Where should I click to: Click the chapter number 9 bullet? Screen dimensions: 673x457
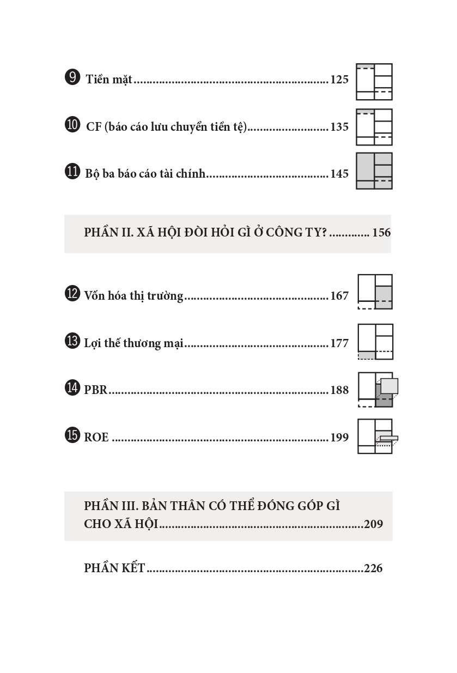[x=72, y=77]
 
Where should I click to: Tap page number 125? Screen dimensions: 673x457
[x=339, y=80]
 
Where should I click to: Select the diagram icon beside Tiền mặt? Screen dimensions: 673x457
[x=374, y=82]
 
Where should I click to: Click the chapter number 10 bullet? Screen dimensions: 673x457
[x=72, y=125]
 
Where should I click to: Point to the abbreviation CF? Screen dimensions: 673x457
[x=94, y=127]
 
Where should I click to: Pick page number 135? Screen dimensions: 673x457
[x=339, y=127]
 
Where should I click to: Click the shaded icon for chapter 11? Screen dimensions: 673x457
[x=374, y=171]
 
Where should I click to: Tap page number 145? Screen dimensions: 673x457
[x=339, y=174]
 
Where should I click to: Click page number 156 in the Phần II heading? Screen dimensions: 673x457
[x=381, y=233]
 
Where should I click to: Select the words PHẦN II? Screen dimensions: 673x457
[x=106, y=233]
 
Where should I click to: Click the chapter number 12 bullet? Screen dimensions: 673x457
[x=72, y=294]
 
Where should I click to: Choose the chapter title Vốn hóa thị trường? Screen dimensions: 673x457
[x=133, y=296]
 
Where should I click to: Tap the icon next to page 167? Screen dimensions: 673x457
[x=375, y=292]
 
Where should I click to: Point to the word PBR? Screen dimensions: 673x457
[x=96, y=390]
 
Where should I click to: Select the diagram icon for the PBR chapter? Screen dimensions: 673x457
[x=377, y=390]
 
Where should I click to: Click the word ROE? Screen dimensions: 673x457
[x=96, y=437]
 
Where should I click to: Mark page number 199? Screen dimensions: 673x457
[x=339, y=437]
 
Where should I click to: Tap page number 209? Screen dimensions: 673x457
[x=373, y=524]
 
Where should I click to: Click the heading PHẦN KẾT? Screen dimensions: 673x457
[x=114, y=568]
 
